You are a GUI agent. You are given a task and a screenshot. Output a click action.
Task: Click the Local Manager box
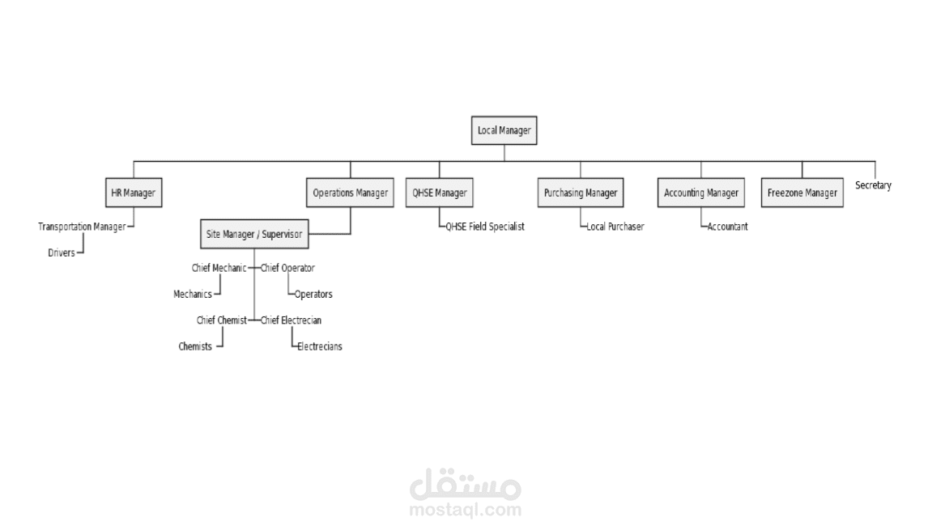tap(504, 130)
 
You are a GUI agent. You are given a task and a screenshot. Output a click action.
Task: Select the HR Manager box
tap(133, 193)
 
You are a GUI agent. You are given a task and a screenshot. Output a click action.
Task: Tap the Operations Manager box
tap(351, 193)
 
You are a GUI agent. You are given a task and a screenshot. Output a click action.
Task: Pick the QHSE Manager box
tap(440, 193)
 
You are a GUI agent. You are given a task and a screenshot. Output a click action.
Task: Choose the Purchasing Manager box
tap(581, 193)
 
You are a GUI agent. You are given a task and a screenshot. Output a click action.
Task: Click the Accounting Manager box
tap(701, 193)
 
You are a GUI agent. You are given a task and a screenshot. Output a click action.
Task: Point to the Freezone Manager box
tap(802, 193)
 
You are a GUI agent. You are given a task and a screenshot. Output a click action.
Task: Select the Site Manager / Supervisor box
tap(254, 235)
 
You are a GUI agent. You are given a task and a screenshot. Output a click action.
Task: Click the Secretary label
tap(873, 185)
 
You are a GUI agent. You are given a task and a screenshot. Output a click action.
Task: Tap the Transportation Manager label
tap(82, 227)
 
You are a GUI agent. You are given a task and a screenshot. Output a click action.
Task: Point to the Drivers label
tap(62, 252)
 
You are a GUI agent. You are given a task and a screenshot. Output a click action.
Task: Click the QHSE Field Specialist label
tap(485, 227)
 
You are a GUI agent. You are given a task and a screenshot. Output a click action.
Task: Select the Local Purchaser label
tap(615, 227)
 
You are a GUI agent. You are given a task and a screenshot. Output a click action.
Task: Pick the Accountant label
tap(728, 227)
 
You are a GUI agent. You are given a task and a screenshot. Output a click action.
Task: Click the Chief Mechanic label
tap(219, 268)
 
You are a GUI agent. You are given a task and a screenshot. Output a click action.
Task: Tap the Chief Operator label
tap(287, 268)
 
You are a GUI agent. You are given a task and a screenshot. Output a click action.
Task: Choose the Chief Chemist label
tap(221, 320)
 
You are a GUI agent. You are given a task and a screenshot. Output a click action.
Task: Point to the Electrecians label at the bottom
tap(320, 346)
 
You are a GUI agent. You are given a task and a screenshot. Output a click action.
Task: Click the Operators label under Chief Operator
tap(313, 295)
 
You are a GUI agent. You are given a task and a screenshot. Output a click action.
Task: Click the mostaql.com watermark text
tap(466, 510)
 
